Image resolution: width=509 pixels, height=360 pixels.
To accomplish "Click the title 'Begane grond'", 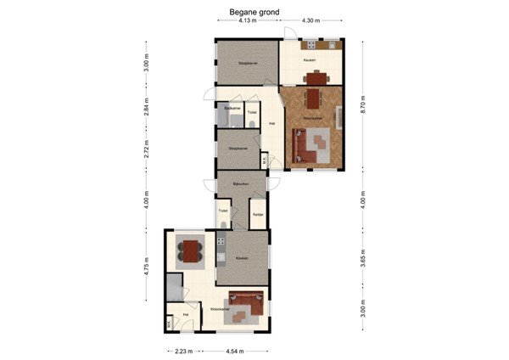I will (254, 13).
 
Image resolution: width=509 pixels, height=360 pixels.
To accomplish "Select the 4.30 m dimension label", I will (311, 21).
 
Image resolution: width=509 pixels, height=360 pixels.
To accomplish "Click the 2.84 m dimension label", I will (146, 108).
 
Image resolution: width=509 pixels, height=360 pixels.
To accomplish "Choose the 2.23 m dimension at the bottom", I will (182, 350).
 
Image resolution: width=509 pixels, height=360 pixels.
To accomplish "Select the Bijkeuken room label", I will (238, 184).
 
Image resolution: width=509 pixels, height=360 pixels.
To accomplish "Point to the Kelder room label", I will (257, 214).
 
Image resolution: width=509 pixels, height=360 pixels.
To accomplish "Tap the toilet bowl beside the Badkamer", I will (252, 125).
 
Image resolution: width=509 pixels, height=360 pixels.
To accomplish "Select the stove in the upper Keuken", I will (311, 44).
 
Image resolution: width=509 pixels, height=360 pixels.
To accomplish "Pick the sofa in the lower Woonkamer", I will (246, 299).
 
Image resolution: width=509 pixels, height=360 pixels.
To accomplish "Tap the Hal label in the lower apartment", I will (186, 314).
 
